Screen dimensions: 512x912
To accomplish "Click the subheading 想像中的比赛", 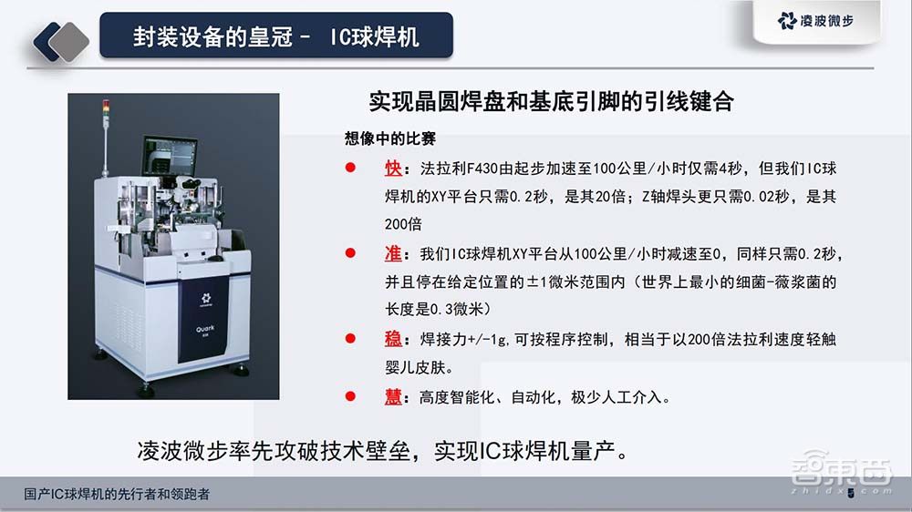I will (x=389, y=139).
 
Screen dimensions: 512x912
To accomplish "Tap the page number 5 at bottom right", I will (x=851, y=494).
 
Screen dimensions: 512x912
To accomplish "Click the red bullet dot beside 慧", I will (x=350, y=397).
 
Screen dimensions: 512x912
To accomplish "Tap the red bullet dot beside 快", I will (x=350, y=170).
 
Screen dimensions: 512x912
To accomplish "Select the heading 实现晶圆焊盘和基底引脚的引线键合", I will (x=551, y=101).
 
